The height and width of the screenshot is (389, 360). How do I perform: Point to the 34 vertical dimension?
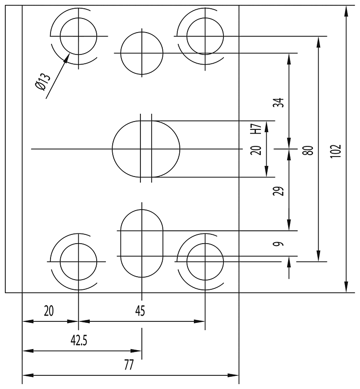[278, 104]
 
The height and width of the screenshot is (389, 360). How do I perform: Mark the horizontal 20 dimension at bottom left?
[49, 310]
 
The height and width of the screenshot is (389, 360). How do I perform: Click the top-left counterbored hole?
[78, 36]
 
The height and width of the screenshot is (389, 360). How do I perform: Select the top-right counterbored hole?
[205, 36]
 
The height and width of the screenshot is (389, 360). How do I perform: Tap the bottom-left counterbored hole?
[78, 261]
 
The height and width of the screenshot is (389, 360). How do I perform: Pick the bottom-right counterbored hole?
[205, 261]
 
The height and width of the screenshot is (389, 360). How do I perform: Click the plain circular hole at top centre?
[141, 53]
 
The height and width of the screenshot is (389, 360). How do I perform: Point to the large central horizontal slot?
[146, 149]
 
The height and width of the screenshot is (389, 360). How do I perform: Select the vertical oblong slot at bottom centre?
[141, 243]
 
